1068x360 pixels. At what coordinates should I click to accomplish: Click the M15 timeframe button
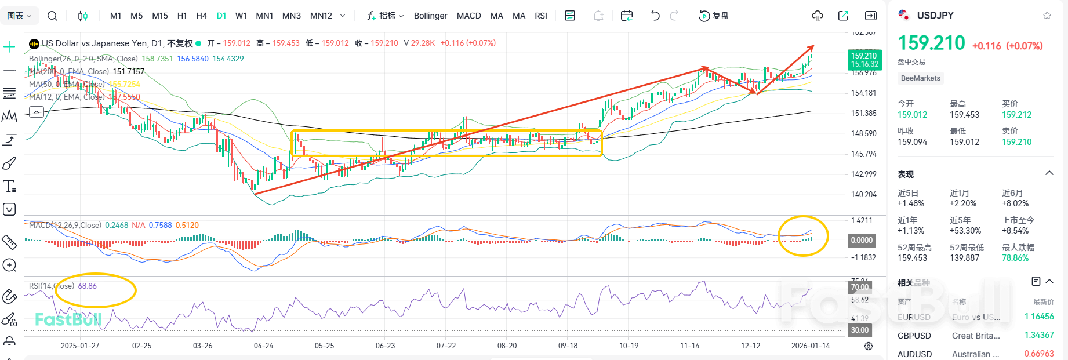[160, 16]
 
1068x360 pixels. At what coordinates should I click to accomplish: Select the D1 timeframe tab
[221, 16]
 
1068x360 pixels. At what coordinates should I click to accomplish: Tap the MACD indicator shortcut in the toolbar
[468, 16]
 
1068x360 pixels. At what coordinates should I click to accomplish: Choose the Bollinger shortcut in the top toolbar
[430, 16]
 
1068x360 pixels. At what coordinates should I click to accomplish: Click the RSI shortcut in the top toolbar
[540, 16]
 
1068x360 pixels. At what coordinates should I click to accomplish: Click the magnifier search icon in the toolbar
[52, 16]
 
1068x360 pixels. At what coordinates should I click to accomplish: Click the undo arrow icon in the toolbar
[655, 16]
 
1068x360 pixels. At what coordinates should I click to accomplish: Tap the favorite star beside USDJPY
[1047, 16]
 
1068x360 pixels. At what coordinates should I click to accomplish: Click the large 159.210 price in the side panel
[931, 43]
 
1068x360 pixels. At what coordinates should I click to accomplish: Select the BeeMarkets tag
[920, 78]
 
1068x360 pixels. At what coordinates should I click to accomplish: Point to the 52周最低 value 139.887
[964, 258]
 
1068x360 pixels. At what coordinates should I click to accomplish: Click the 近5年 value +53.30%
[965, 231]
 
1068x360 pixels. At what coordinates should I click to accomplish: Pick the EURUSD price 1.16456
[1038, 317]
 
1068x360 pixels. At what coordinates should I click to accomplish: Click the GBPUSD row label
[914, 336]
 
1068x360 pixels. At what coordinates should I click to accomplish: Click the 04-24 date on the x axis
[263, 346]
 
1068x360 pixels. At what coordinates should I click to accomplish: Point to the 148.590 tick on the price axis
[863, 133]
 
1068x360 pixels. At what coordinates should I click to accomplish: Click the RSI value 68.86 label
[87, 286]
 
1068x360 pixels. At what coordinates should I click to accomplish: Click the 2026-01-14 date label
[810, 346]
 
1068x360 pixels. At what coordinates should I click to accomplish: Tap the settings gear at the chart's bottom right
[868, 346]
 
